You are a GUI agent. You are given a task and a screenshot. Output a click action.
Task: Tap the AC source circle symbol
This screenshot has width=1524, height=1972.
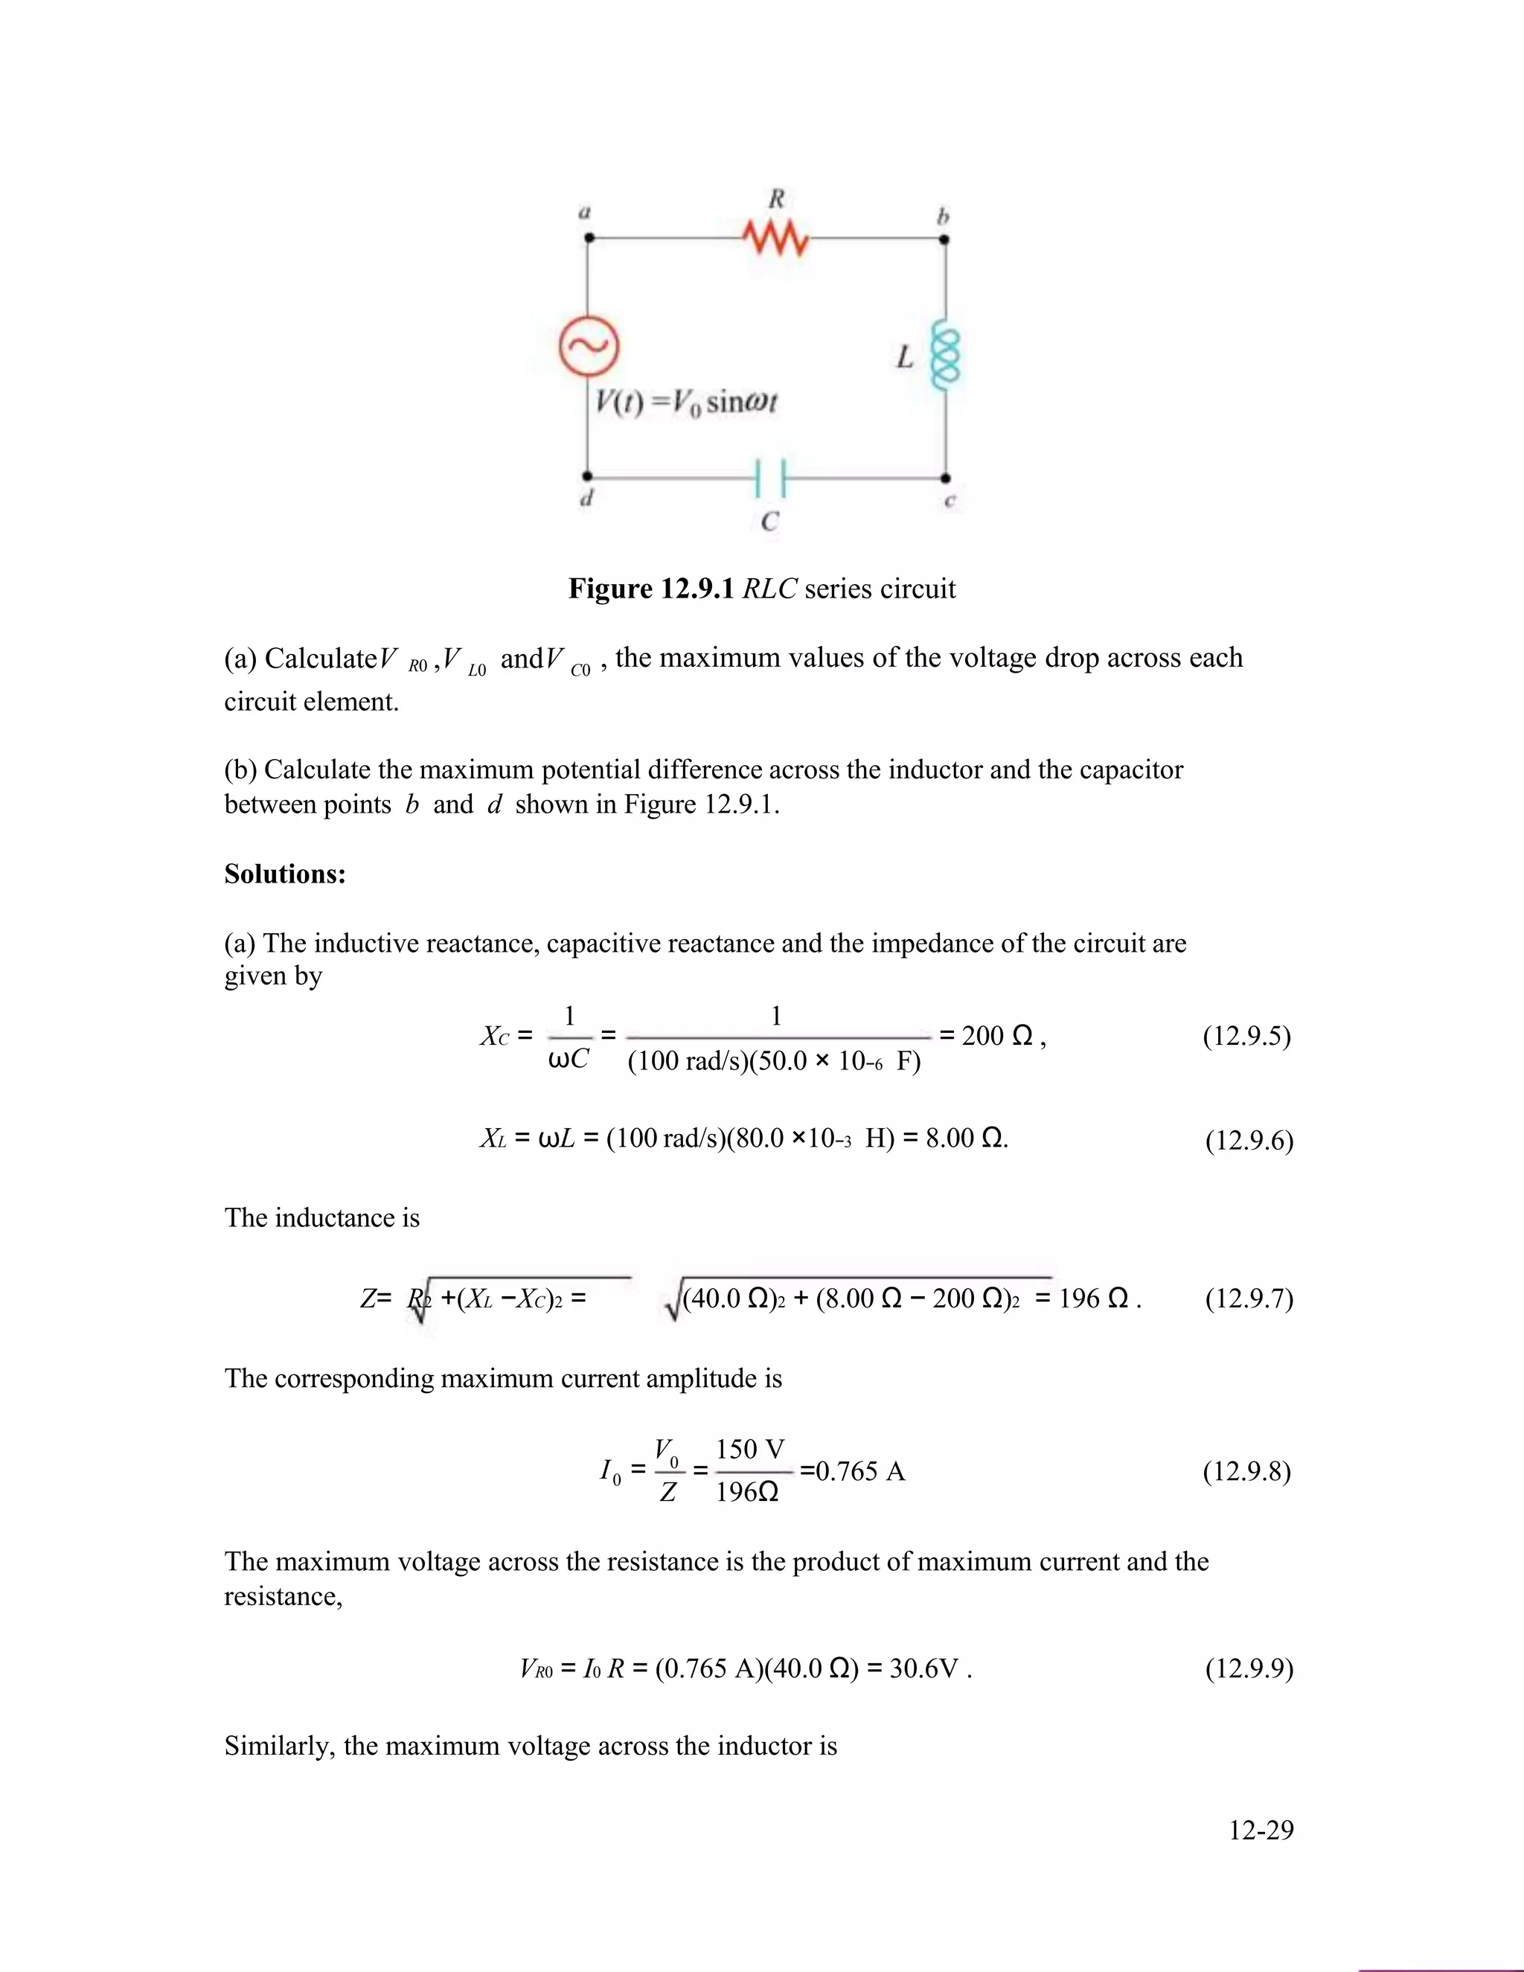[589, 347]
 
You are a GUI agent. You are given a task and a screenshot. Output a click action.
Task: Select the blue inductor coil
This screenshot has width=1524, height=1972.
[945, 357]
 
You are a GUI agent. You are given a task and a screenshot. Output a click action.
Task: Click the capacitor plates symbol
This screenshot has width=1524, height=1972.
[770, 478]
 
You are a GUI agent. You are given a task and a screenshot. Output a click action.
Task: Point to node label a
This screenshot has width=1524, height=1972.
[584, 213]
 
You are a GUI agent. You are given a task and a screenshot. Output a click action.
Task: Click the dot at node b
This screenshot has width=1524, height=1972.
[944, 240]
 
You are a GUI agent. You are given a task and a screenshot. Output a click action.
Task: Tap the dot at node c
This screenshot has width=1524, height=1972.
[945, 478]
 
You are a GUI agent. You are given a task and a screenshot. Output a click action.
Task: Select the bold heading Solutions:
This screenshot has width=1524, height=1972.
[284, 874]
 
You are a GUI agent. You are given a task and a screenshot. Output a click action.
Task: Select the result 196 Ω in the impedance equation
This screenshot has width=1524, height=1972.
[1093, 1299]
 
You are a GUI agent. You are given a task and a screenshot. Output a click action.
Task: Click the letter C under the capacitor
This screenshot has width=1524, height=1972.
[769, 521]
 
